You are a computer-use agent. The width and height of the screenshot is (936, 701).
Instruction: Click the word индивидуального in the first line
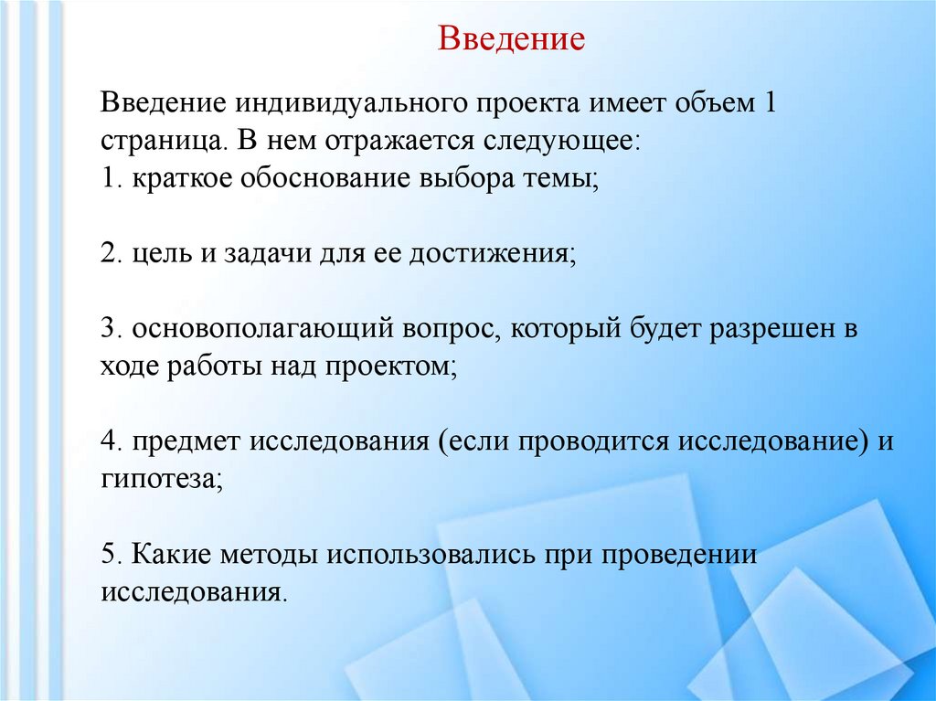[354, 102]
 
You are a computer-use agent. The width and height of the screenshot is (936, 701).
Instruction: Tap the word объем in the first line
[707, 102]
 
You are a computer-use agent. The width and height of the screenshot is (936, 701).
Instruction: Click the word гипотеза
[160, 480]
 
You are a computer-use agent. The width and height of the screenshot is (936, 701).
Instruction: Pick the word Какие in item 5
[169, 555]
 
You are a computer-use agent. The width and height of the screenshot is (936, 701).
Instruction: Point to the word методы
[265, 555]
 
